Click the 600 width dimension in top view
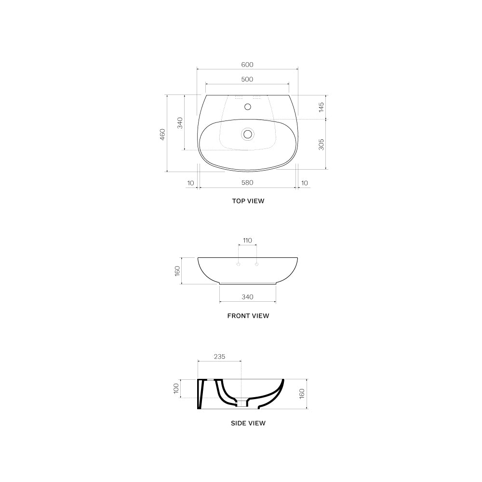[x=247, y=65]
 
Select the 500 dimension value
[x=247, y=80]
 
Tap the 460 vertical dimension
[x=162, y=134]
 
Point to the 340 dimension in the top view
[x=180, y=123]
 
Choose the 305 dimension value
[x=321, y=144]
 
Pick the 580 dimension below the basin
[x=247, y=183]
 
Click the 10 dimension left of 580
[x=190, y=183]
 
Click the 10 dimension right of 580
[x=304, y=183]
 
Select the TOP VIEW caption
[x=248, y=201]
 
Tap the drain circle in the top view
[x=248, y=134]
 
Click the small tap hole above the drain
[x=248, y=107]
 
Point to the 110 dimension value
[x=247, y=241]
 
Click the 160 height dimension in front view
[x=177, y=271]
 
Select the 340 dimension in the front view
[x=247, y=297]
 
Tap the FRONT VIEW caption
[x=248, y=316]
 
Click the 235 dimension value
[x=219, y=357]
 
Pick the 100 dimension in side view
[x=176, y=388]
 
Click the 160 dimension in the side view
[x=302, y=394]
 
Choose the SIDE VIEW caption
[x=248, y=423]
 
